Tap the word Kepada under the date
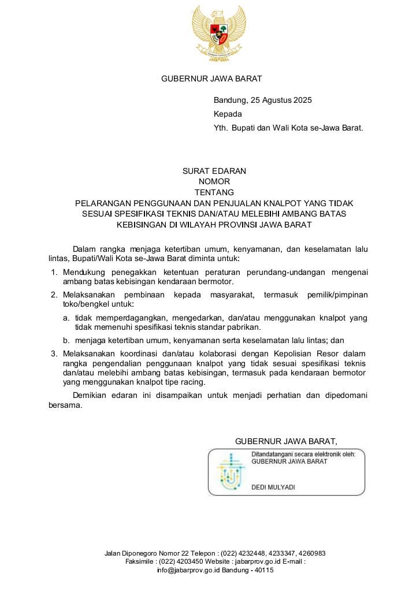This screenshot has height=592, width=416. (228, 114)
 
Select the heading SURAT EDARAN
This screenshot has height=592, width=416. (214, 171)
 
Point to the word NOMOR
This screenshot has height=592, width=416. (214, 181)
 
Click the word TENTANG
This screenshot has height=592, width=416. (214, 192)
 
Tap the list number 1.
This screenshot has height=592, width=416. (54, 271)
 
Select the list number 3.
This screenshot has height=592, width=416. (54, 353)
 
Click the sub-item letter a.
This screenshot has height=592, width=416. (66, 318)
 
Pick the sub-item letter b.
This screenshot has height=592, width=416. (66, 340)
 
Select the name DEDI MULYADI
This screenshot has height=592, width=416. (273, 487)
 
